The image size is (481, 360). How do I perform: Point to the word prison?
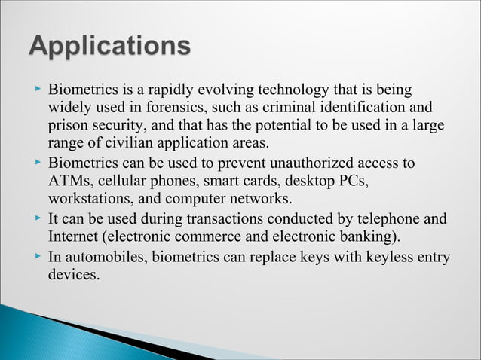(67, 125)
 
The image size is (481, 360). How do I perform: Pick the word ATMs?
(68, 182)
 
